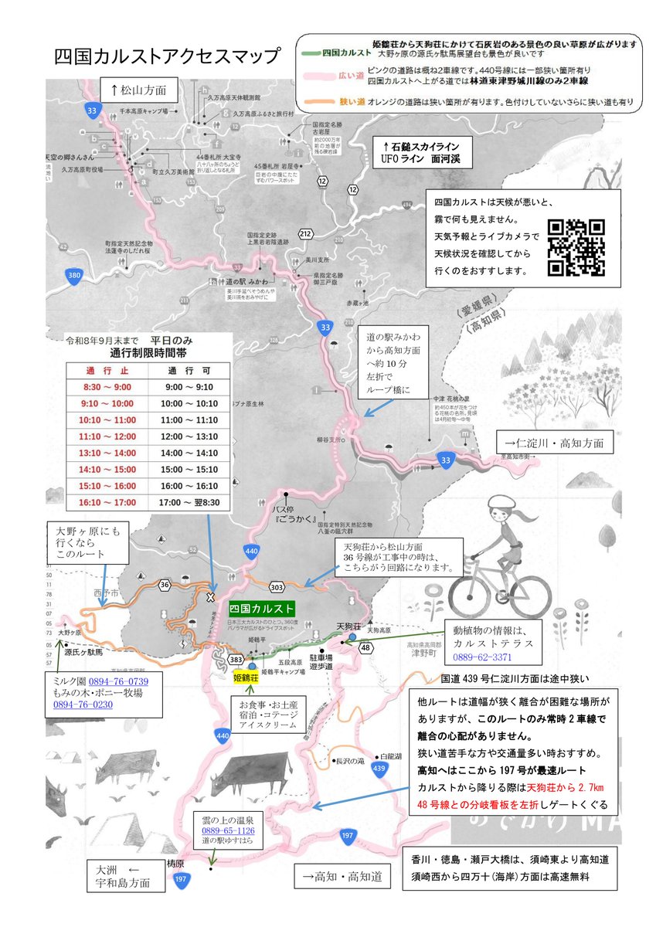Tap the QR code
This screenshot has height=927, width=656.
click(576, 247)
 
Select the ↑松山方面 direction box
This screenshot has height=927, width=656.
click(144, 90)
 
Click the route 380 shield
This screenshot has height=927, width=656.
click(73, 277)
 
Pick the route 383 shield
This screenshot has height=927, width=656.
click(236, 659)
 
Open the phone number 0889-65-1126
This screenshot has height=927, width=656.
click(228, 830)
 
